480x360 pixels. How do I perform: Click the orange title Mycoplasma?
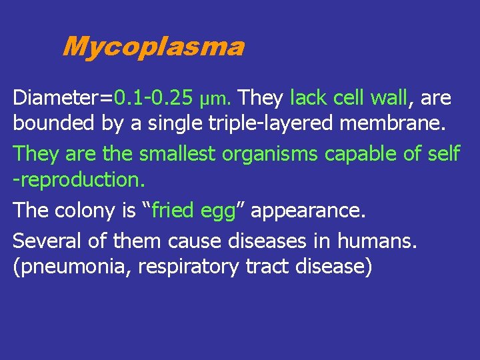pyautogui.click(x=153, y=47)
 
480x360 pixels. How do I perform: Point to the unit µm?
pyautogui.click(x=215, y=100)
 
